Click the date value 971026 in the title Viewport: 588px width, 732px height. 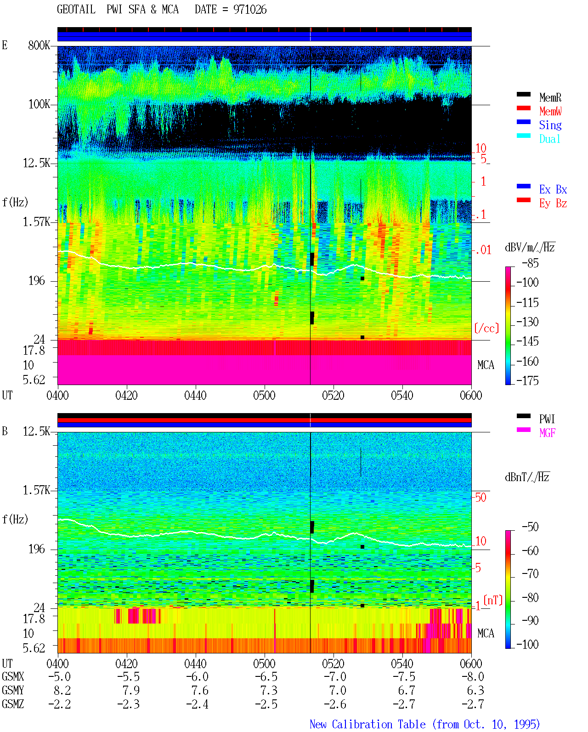click(249, 10)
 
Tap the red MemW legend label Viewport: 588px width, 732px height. click(550, 111)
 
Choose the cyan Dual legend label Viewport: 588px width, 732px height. click(549, 139)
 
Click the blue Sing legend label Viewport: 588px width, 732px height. click(550, 125)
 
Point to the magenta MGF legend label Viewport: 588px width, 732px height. click(547, 433)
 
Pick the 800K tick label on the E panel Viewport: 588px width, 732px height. click(39, 45)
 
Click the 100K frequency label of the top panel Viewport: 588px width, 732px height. click(39, 104)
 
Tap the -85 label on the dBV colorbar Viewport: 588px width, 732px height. click(530, 263)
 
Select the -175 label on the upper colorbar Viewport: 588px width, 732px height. click(527, 380)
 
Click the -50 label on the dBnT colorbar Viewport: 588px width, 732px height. click(530, 527)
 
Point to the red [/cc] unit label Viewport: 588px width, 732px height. click(486, 328)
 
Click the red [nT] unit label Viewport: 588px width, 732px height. click(493, 601)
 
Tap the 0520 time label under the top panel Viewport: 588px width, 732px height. click(334, 395)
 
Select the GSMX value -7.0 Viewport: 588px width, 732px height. click(335, 676)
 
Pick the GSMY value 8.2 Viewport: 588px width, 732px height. click(62, 691)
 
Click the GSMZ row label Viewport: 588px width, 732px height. click(13, 704)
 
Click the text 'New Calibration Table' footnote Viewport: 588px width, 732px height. click(367, 724)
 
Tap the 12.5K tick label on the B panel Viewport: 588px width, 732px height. click(36, 431)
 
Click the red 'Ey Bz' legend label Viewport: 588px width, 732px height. click(553, 204)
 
